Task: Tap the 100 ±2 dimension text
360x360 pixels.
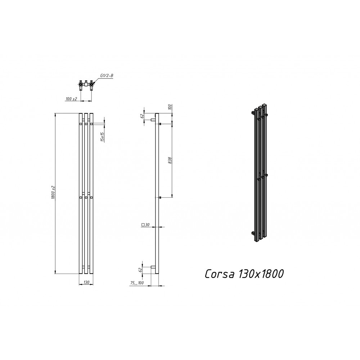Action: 72,99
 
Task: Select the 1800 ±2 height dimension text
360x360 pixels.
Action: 52,193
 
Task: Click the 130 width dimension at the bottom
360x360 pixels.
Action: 86,283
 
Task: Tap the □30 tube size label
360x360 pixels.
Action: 145,225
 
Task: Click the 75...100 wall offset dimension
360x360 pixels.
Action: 137,283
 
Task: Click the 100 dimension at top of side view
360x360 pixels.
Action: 170,107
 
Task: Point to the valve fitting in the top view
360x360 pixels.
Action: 86,86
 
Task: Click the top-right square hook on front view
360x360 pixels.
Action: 92,124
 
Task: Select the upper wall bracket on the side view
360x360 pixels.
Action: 153,120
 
